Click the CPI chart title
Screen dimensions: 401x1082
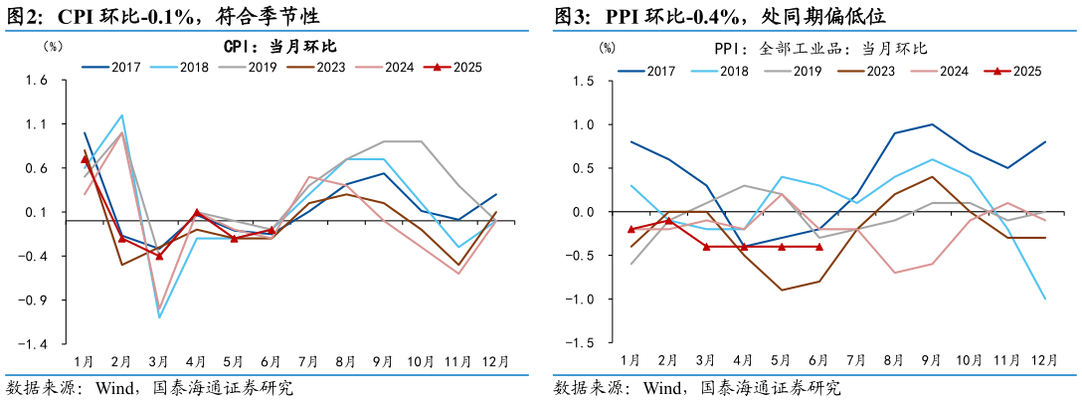[279, 47]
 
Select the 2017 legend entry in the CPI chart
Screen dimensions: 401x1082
[110, 68]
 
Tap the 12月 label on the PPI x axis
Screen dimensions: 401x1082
[1044, 359]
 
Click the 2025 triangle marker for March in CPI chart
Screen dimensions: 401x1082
[159, 256]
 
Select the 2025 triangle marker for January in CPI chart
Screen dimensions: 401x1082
[85, 159]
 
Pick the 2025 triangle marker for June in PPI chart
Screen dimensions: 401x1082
[818, 247]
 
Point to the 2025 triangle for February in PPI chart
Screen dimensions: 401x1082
[668, 221]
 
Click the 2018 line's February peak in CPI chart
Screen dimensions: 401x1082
[121, 115]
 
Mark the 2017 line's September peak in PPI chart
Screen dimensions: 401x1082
[932, 124]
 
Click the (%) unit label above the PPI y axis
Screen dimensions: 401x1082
[607, 47]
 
